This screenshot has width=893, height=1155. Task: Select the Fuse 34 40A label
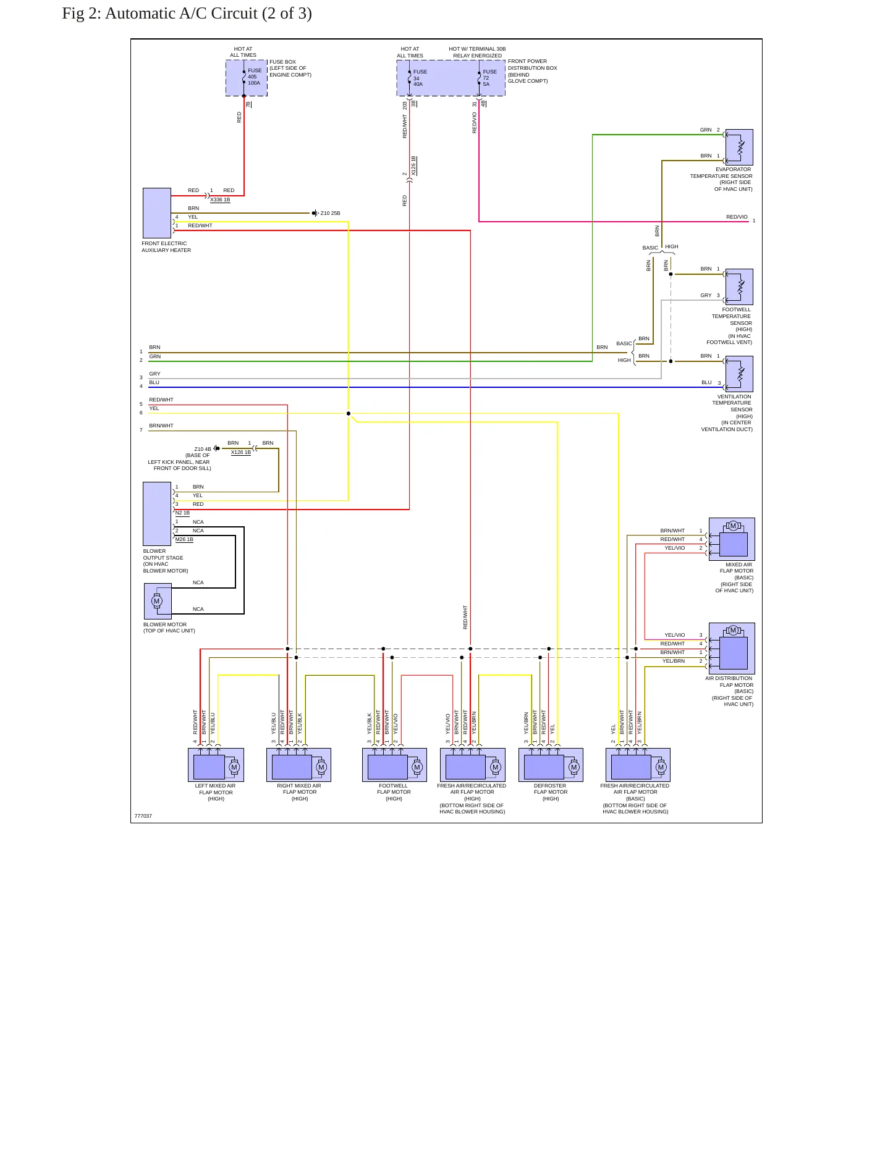[420, 78]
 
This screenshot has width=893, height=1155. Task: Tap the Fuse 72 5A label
[489, 78]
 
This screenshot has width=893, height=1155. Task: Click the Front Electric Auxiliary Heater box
[157, 213]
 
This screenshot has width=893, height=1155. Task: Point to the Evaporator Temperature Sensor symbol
[739, 147]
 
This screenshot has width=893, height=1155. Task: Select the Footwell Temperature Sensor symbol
[739, 287]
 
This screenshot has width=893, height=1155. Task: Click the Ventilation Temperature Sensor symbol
[739, 374]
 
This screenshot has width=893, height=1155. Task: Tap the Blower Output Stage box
[157, 514]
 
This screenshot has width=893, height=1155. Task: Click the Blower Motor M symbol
[156, 601]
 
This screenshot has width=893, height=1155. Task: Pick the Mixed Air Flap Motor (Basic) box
[732, 539]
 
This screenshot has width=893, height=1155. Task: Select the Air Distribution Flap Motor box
[732, 649]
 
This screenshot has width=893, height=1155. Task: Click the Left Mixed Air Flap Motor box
[216, 765]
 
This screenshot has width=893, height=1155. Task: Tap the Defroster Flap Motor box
[551, 765]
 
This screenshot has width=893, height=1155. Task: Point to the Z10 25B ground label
[330, 214]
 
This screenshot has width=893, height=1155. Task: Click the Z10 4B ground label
[203, 449]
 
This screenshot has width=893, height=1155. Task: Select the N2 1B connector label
[182, 513]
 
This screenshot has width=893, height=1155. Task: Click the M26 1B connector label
[184, 540]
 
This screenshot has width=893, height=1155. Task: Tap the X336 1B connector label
[220, 200]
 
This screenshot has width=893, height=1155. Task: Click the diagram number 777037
[143, 817]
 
